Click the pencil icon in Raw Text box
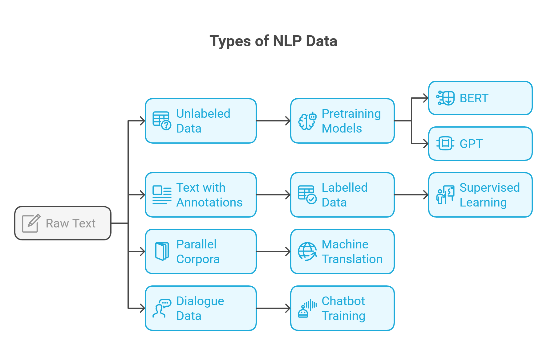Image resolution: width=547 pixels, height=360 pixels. click(31, 223)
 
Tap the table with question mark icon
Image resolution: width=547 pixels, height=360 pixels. click(162, 121)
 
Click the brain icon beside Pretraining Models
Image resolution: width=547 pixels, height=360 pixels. click(307, 121)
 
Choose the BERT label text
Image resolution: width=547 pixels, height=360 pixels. click(474, 98)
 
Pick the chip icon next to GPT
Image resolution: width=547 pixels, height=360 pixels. click(445, 144)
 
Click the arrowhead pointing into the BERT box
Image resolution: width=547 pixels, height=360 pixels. click(426, 98)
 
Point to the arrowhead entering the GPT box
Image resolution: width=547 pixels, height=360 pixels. click(426, 144)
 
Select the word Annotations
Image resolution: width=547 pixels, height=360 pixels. click(209, 202)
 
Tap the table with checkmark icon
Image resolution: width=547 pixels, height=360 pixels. click(307, 195)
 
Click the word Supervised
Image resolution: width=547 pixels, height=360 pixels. click(489, 188)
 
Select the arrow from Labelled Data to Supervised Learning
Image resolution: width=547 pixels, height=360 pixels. click(411, 195)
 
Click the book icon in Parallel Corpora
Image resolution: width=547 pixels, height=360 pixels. click(162, 252)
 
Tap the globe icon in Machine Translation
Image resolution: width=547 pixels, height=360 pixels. click(307, 252)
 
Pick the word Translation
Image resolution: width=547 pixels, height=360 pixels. click(352, 259)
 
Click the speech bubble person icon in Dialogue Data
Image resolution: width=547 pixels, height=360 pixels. click(162, 308)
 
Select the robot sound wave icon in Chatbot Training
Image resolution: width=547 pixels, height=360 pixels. click(307, 308)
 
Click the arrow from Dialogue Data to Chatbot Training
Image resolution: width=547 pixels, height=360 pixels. click(273, 308)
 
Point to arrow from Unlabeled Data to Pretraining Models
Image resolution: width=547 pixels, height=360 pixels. click(273, 121)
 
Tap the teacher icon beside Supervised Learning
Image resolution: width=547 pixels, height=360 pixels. click(445, 195)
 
